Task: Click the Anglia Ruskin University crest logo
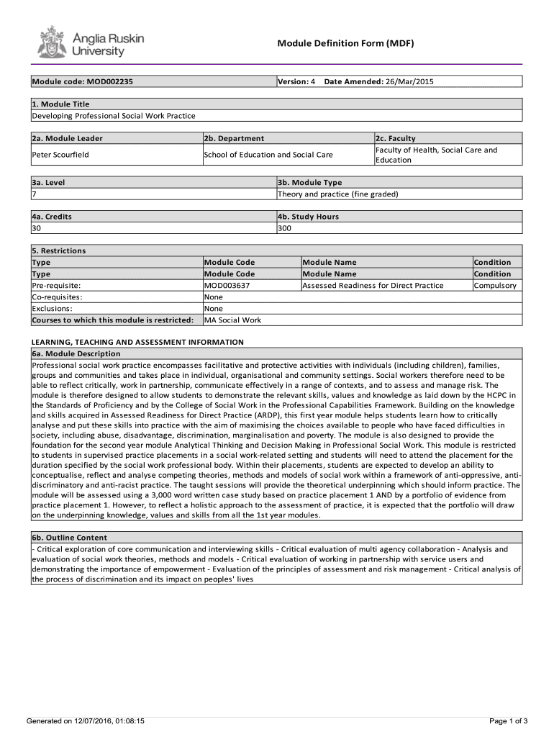pyautogui.click(x=50, y=42)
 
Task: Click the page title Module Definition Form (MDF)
pyautogui.click(x=346, y=44)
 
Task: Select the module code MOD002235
pyautogui.click(x=109, y=82)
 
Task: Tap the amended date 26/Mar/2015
pyautogui.click(x=410, y=82)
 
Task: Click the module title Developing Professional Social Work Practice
pyautogui.click(x=114, y=116)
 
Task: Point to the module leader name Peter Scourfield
pyautogui.click(x=60, y=155)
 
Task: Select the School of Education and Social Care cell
pyautogui.click(x=268, y=155)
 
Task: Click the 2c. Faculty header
pyautogui.click(x=395, y=138)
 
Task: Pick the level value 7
pyautogui.click(x=35, y=194)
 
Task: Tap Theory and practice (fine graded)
pyautogui.click(x=337, y=194)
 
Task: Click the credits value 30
pyautogui.click(x=37, y=228)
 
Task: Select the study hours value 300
pyautogui.click(x=285, y=228)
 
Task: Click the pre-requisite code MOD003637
pyautogui.click(x=227, y=286)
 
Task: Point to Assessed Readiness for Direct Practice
pyautogui.click(x=373, y=286)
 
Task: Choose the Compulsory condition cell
pyautogui.click(x=495, y=286)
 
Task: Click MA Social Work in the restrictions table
pyautogui.click(x=232, y=320)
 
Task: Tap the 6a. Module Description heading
pyautogui.click(x=76, y=354)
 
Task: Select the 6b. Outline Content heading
pyautogui.click(x=69, y=538)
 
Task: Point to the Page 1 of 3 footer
pyautogui.click(x=508, y=720)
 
